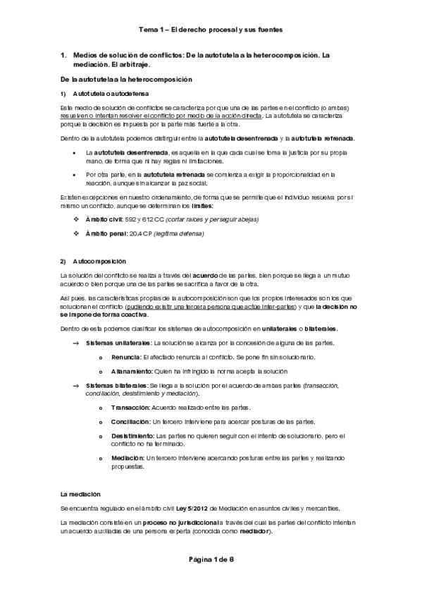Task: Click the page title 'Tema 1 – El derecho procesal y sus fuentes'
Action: (x=211, y=30)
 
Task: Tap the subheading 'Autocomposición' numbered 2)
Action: (x=99, y=260)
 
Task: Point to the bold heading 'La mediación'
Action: (x=80, y=494)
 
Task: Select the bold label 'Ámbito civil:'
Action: (x=104, y=220)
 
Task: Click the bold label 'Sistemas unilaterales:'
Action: (x=118, y=342)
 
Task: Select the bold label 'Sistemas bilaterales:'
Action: (x=116, y=385)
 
